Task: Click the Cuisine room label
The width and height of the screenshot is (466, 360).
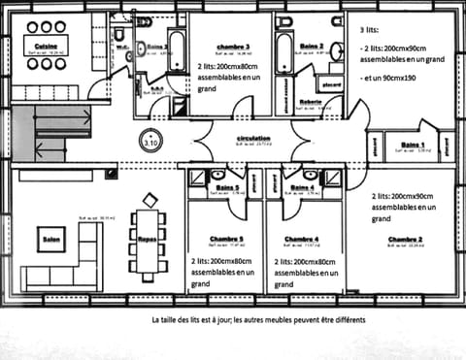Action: click(44, 46)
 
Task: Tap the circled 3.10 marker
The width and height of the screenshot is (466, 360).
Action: click(151, 139)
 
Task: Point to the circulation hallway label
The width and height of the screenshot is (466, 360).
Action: click(252, 139)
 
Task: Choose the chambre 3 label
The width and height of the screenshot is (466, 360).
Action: click(233, 46)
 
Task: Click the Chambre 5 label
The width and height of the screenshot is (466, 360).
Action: click(226, 238)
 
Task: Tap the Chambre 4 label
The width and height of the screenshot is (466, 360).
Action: click(302, 238)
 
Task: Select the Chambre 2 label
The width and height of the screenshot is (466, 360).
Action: click(403, 238)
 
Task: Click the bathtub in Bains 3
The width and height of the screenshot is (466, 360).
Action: click(177, 49)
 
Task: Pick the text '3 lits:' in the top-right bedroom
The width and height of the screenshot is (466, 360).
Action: click(370, 31)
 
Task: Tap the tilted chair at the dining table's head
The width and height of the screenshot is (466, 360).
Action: click(149, 200)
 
